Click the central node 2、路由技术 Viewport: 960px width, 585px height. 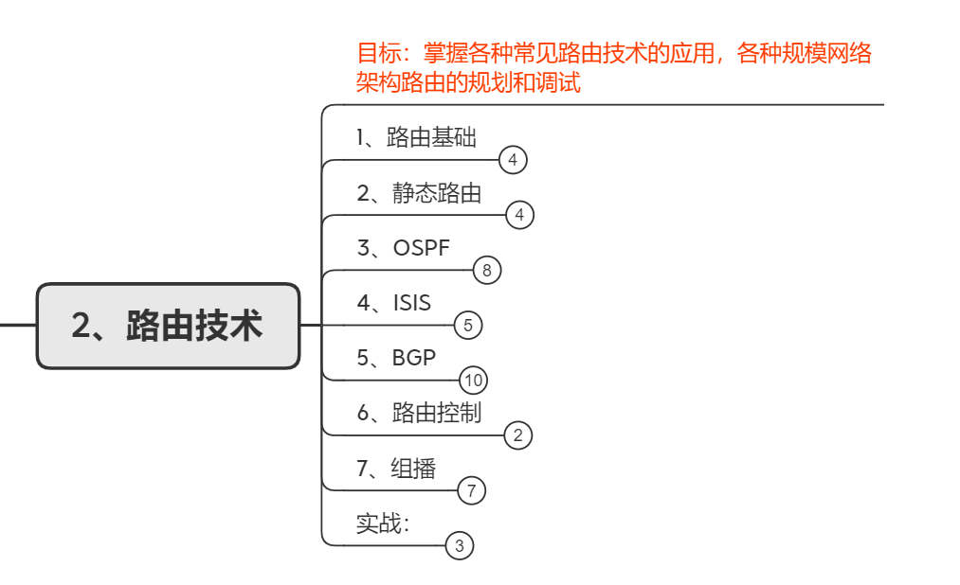[x=168, y=326]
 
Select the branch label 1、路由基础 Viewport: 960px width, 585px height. [x=416, y=138]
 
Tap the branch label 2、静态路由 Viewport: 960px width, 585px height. [x=419, y=193]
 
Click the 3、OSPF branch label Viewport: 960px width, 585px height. [x=403, y=248]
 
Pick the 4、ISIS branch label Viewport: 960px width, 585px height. [x=393, y=303]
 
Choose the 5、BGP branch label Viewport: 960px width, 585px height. [x=396, y=358]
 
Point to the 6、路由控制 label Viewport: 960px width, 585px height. [x=419, y=413]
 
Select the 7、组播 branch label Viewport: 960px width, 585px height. [x=395, y=468]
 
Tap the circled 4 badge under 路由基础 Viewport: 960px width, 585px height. [x=512, y=160]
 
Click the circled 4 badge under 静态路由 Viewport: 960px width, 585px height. [x=519, y=215]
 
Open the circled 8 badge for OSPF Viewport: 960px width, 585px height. [x=486, y=271]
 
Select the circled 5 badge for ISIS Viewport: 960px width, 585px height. [x=468, y=326]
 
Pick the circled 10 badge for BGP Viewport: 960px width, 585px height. [x=473, y=381]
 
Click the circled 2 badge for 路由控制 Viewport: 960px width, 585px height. [x=517, y=435]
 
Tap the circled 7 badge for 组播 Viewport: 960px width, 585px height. [x=471, y=490]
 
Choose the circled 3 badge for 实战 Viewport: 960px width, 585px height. [x=459, y=545]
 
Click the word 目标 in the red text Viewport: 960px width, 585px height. [x=373, y=53]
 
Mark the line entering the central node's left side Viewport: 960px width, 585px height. [x=17, y=326]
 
